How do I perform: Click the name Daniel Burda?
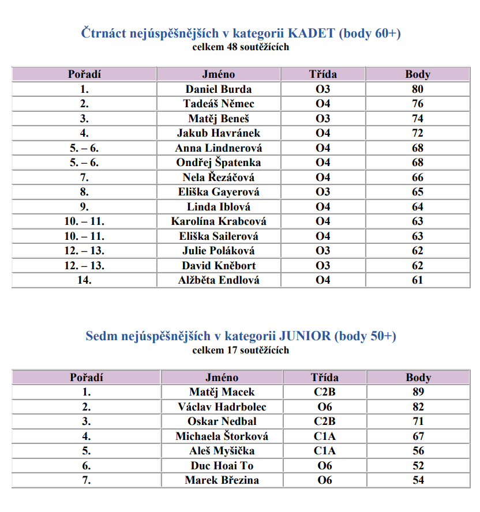[x=218, y=89]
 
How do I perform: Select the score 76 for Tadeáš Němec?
[x=418, y=104]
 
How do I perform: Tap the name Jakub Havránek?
[x=218, y=133]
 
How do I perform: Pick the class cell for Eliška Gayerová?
[x=323, y=192]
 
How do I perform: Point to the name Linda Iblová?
[x=218, y=206]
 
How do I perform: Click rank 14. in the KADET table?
[x=84, y=280]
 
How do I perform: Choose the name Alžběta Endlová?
[x=218, y=280]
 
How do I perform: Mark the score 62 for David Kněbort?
[x=418, y=266]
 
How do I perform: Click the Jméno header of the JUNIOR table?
[x=222, y=378]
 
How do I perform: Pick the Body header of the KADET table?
[x=418, y=74]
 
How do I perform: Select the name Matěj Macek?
[x=222, y=392]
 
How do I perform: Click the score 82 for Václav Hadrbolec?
[x=418, y=407]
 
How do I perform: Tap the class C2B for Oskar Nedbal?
[x=324, y=421]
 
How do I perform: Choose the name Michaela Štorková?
[x=222, y=436]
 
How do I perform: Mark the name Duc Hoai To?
[x=222, y=466]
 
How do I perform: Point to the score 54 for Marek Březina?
[x=418, y=480]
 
